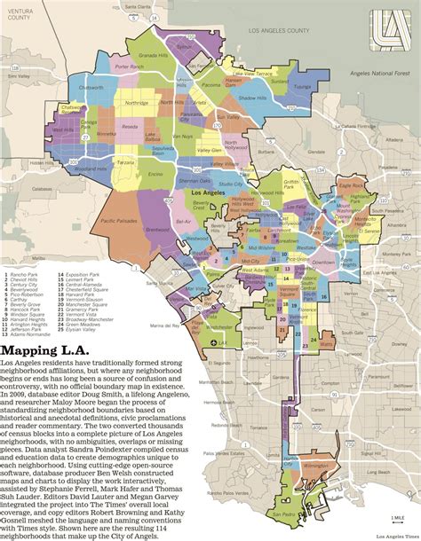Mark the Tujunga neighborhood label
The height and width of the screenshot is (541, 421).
302,87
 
